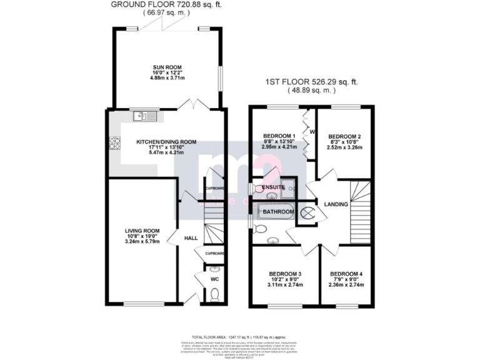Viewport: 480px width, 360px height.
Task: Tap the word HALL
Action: [191, 238]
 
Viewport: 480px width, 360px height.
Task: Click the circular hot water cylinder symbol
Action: [309, 213]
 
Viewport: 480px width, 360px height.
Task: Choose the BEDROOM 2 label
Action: [345, 136]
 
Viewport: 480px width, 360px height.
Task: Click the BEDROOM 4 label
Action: [346, 274]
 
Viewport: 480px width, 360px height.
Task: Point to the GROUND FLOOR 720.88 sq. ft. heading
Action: [166, 4]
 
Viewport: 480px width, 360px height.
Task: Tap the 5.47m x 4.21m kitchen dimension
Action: [166, 152]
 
